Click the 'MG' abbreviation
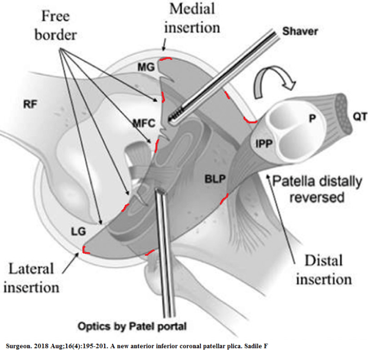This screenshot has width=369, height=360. [x=147, y=67]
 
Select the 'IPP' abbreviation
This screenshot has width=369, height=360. [x=264, y=144]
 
